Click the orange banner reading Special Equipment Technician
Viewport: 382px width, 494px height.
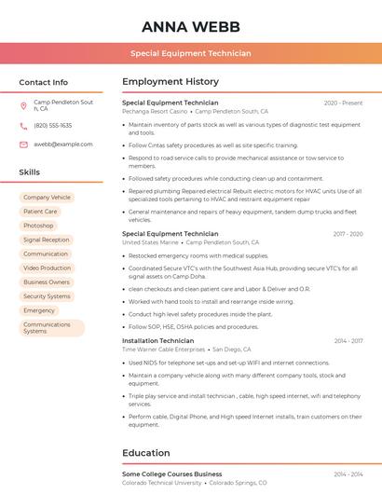(190, 53)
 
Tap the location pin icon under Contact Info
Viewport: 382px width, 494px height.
(23, 105)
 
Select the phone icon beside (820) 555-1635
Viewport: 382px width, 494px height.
(23, 125)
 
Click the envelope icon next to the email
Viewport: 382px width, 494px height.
(23, 144)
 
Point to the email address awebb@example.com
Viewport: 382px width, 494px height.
(62, 144)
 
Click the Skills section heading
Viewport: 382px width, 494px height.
(30, 172)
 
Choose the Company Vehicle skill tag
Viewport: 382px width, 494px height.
(47, 198)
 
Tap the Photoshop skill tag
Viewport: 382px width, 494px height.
(38, 226)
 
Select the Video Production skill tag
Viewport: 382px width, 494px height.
(47, 268)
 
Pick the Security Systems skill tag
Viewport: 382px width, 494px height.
(47, 296)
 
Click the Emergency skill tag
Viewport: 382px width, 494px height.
(39, 310)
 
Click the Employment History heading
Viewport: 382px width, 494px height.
(171, 82)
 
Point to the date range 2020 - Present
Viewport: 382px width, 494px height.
(343, 103)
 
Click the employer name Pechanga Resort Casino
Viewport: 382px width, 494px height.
(155, 111)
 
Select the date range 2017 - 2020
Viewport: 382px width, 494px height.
(348, 234)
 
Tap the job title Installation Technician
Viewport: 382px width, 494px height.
(158, 341)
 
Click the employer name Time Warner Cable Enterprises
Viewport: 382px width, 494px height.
(164, 350)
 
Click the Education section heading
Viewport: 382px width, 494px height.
(147, 453)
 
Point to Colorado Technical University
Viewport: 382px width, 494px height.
(162, 483)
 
